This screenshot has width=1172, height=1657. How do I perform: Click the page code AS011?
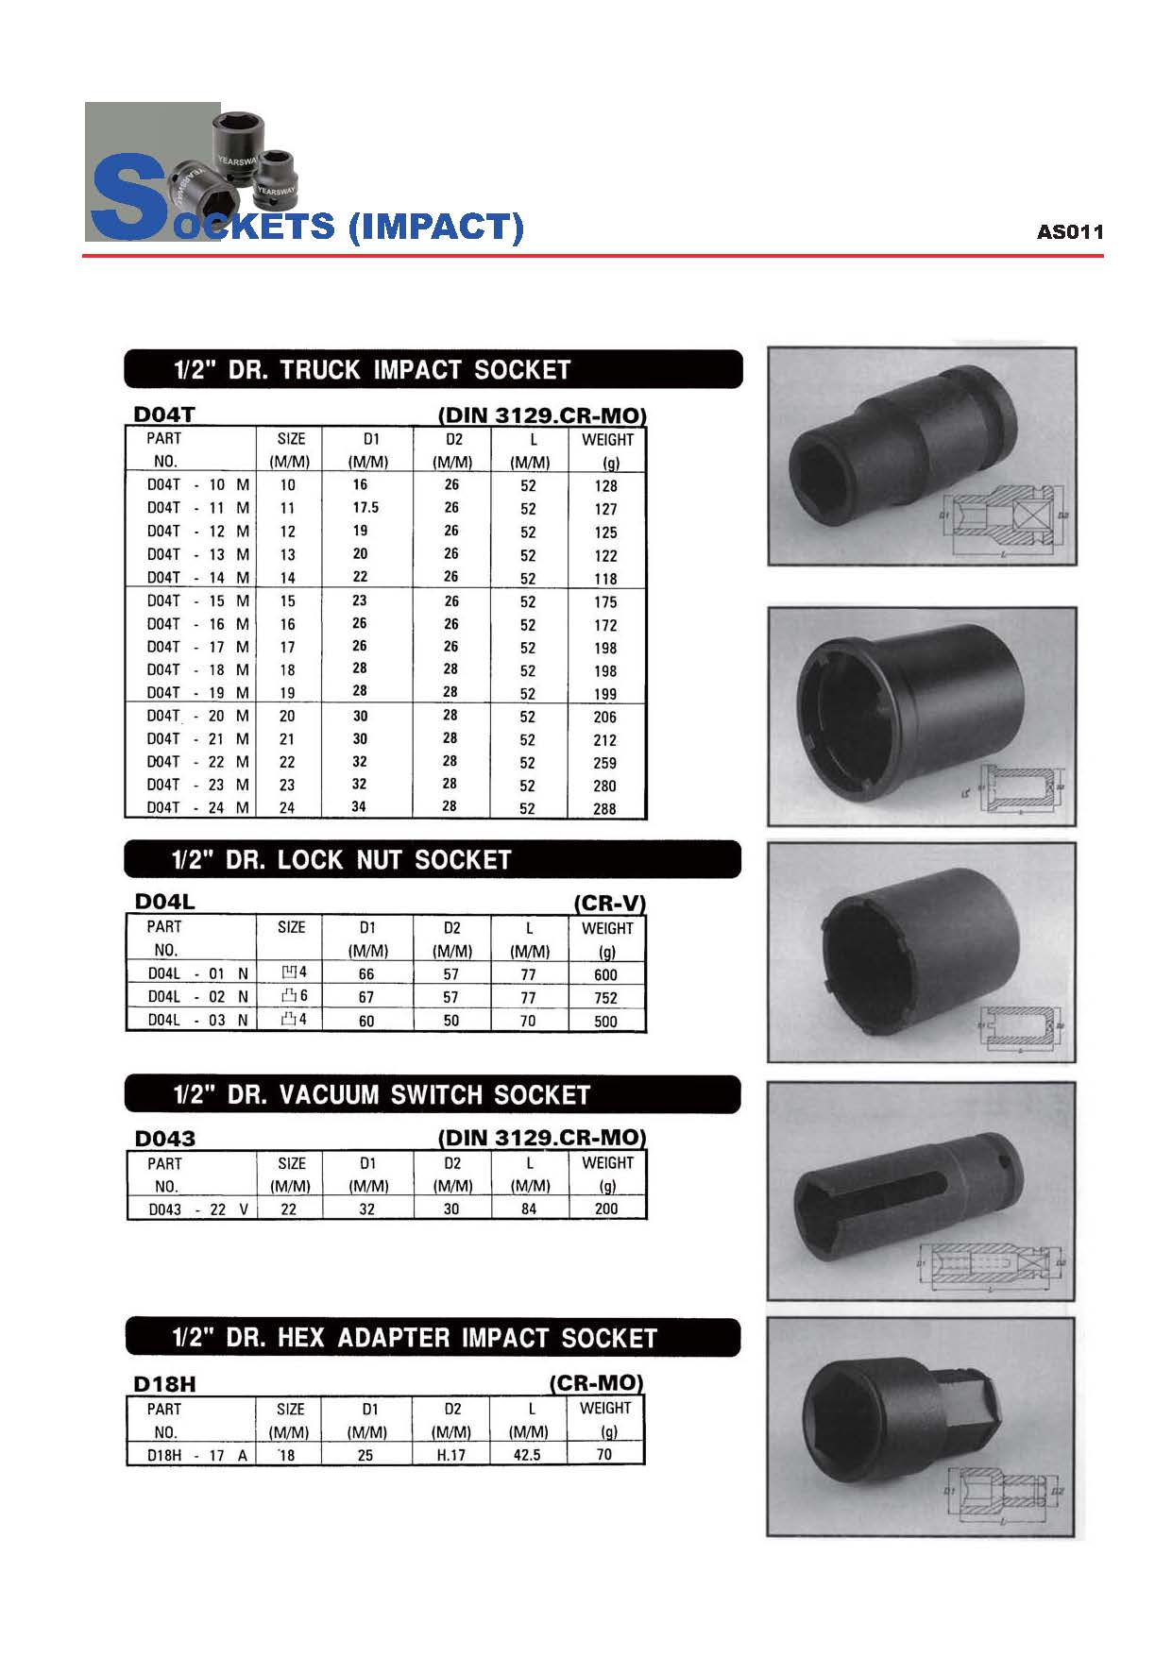point(1069,231)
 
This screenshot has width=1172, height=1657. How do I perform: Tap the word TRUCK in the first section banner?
point(319,369)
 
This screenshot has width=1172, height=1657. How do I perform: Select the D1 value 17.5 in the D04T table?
point(365,507)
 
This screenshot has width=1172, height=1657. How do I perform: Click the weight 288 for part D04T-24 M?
point(604,808)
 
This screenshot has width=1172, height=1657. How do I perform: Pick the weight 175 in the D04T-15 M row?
point(605,601)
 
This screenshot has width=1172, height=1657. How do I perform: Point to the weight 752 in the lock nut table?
point(605,997)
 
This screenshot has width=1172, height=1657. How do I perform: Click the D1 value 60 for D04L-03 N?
point(366,1021)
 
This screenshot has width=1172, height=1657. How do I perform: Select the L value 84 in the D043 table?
point(529,1209)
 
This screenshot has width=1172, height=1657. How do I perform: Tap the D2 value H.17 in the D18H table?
point(451,1455)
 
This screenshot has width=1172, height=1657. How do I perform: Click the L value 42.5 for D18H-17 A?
point(527,1455)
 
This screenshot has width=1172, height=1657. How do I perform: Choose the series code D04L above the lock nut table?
point(164,901)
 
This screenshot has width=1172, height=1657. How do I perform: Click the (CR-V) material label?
point(609,903)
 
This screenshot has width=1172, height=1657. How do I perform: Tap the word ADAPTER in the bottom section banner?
point(394,1338)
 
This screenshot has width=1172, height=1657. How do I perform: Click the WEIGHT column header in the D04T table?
point(607,440)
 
